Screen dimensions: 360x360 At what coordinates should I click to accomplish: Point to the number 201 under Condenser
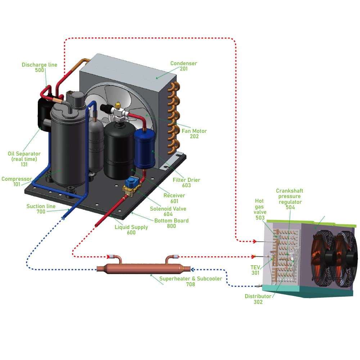click(x=184, y=69)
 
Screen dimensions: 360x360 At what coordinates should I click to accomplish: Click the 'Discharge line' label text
click(x=39, y=65)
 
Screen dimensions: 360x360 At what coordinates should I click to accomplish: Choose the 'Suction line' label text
click(x=41, y=206)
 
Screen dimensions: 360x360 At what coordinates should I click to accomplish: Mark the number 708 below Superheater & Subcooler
click(x=190, y=284)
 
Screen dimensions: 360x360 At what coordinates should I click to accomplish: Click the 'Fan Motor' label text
click(x=194, y=131)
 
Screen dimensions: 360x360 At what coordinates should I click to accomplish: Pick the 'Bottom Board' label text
click(x=171, y=221)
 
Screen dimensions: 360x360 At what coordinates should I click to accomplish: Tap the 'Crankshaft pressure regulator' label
click(x=290, y=196)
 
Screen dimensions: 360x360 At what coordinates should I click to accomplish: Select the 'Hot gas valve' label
click(x=260, y=207)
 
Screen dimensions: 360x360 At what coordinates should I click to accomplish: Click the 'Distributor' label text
click(x=258, y=296)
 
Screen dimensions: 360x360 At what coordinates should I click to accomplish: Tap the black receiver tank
click(x=118, y=151)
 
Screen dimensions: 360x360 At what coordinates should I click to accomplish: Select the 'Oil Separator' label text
click(x=24, y=154)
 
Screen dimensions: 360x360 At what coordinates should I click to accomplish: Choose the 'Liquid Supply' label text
click(x=131, y=227)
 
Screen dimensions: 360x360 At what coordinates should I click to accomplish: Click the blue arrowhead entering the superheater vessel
click(x=192, y=269)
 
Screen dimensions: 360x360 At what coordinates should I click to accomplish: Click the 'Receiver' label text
click(x=174, y=195)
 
